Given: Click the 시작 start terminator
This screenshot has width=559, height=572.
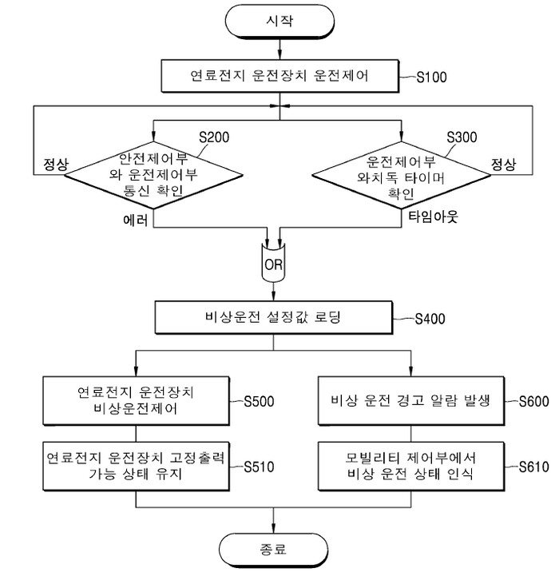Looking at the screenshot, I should (x=273, y=22).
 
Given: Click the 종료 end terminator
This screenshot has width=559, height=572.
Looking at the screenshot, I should (x=273, y=550).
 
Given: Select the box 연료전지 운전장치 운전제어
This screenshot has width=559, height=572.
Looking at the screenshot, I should (x=273, y=77).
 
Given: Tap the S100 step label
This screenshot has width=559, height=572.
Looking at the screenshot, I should (x=432, y=78).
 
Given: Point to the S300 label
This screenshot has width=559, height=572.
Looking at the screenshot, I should (x=462, y=137).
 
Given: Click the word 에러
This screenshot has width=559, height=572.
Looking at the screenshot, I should (x=136, y=217).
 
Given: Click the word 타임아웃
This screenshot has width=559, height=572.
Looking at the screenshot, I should (x=430, y=217).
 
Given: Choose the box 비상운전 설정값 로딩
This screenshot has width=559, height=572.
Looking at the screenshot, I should (x=273, y=318).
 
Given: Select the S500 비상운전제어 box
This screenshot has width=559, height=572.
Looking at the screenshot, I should (x=135, y=400).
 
